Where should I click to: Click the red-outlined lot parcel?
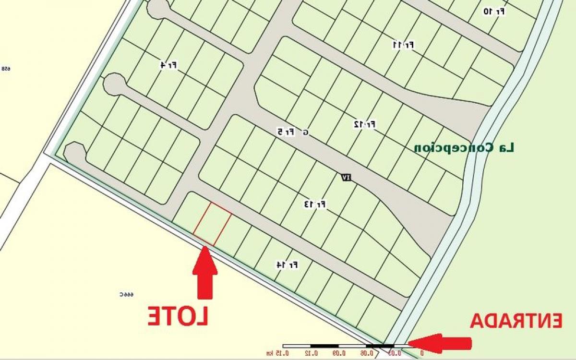click(212, 224)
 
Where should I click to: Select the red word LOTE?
click(178, 316)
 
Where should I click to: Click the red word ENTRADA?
click(516, 321)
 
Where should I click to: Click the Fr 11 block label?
click(403, 45)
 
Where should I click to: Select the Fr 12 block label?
click(364, 125)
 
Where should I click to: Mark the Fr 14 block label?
click(287, 264)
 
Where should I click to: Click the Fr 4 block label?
click(168, 65)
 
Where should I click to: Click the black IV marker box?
click(346, 178)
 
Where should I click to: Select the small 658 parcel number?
click(6, 69)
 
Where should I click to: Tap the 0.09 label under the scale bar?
click(339, 354)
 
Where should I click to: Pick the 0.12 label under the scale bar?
click(312, 354)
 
